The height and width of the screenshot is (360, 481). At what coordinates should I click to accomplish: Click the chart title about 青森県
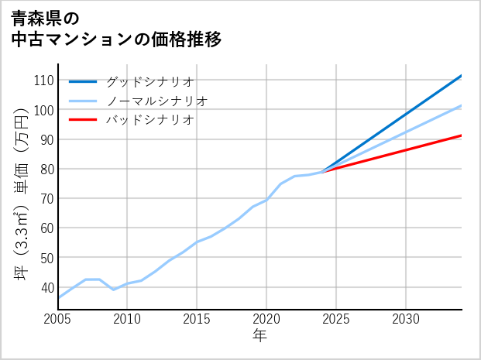pyautogui.click(x=116, y=28)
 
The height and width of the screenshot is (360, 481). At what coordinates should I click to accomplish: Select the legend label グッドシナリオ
pyautogui.click(x=149, y=81)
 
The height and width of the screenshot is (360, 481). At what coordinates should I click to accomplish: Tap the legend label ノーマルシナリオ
pyautogui.click(x=156, y=101)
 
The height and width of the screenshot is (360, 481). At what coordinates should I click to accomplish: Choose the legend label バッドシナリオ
pyautogui.click(x=149, y=120)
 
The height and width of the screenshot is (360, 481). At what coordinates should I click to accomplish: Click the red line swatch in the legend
pyautogui.click(x=83, y=120)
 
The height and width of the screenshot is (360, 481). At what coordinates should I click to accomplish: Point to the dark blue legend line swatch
pyautogui.click(x=83, y=81)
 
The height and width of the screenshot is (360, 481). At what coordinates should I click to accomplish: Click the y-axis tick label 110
pyautogui.click(x=43, y=81)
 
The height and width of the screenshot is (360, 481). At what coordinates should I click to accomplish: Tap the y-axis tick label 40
pyautogui.click(x=46, y=286)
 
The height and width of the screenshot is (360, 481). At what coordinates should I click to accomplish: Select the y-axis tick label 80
pyautogui.click(x=46, y=169)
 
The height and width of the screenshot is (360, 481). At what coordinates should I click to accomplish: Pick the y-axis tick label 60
pyautogui.click(x=46, y=228)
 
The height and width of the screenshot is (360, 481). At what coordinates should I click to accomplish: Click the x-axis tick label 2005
pyautogui.click(x=58, y=319)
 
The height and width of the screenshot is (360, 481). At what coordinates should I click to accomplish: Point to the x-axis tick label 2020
pyautogui.click(x=266, y=319)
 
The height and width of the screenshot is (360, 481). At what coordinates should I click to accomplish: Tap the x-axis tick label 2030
pyautogui.click(x=406, y=319)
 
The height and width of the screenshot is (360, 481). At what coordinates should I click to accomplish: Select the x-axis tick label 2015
pyautogui.click(x=197, y=319)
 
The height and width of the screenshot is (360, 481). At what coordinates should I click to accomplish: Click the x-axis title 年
pyautogui.click(x=259, y=336)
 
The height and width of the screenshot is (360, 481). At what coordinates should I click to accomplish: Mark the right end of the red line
pyautogui.click(x=462, y=135)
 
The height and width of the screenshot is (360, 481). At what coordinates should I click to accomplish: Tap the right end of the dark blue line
pyautogui.click(x=462, y=76)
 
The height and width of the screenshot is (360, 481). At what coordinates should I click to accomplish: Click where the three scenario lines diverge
pyautogui.click(x=323, y=171)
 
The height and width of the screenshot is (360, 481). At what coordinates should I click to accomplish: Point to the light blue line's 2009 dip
pyautogui.click(x=114, y=290)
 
